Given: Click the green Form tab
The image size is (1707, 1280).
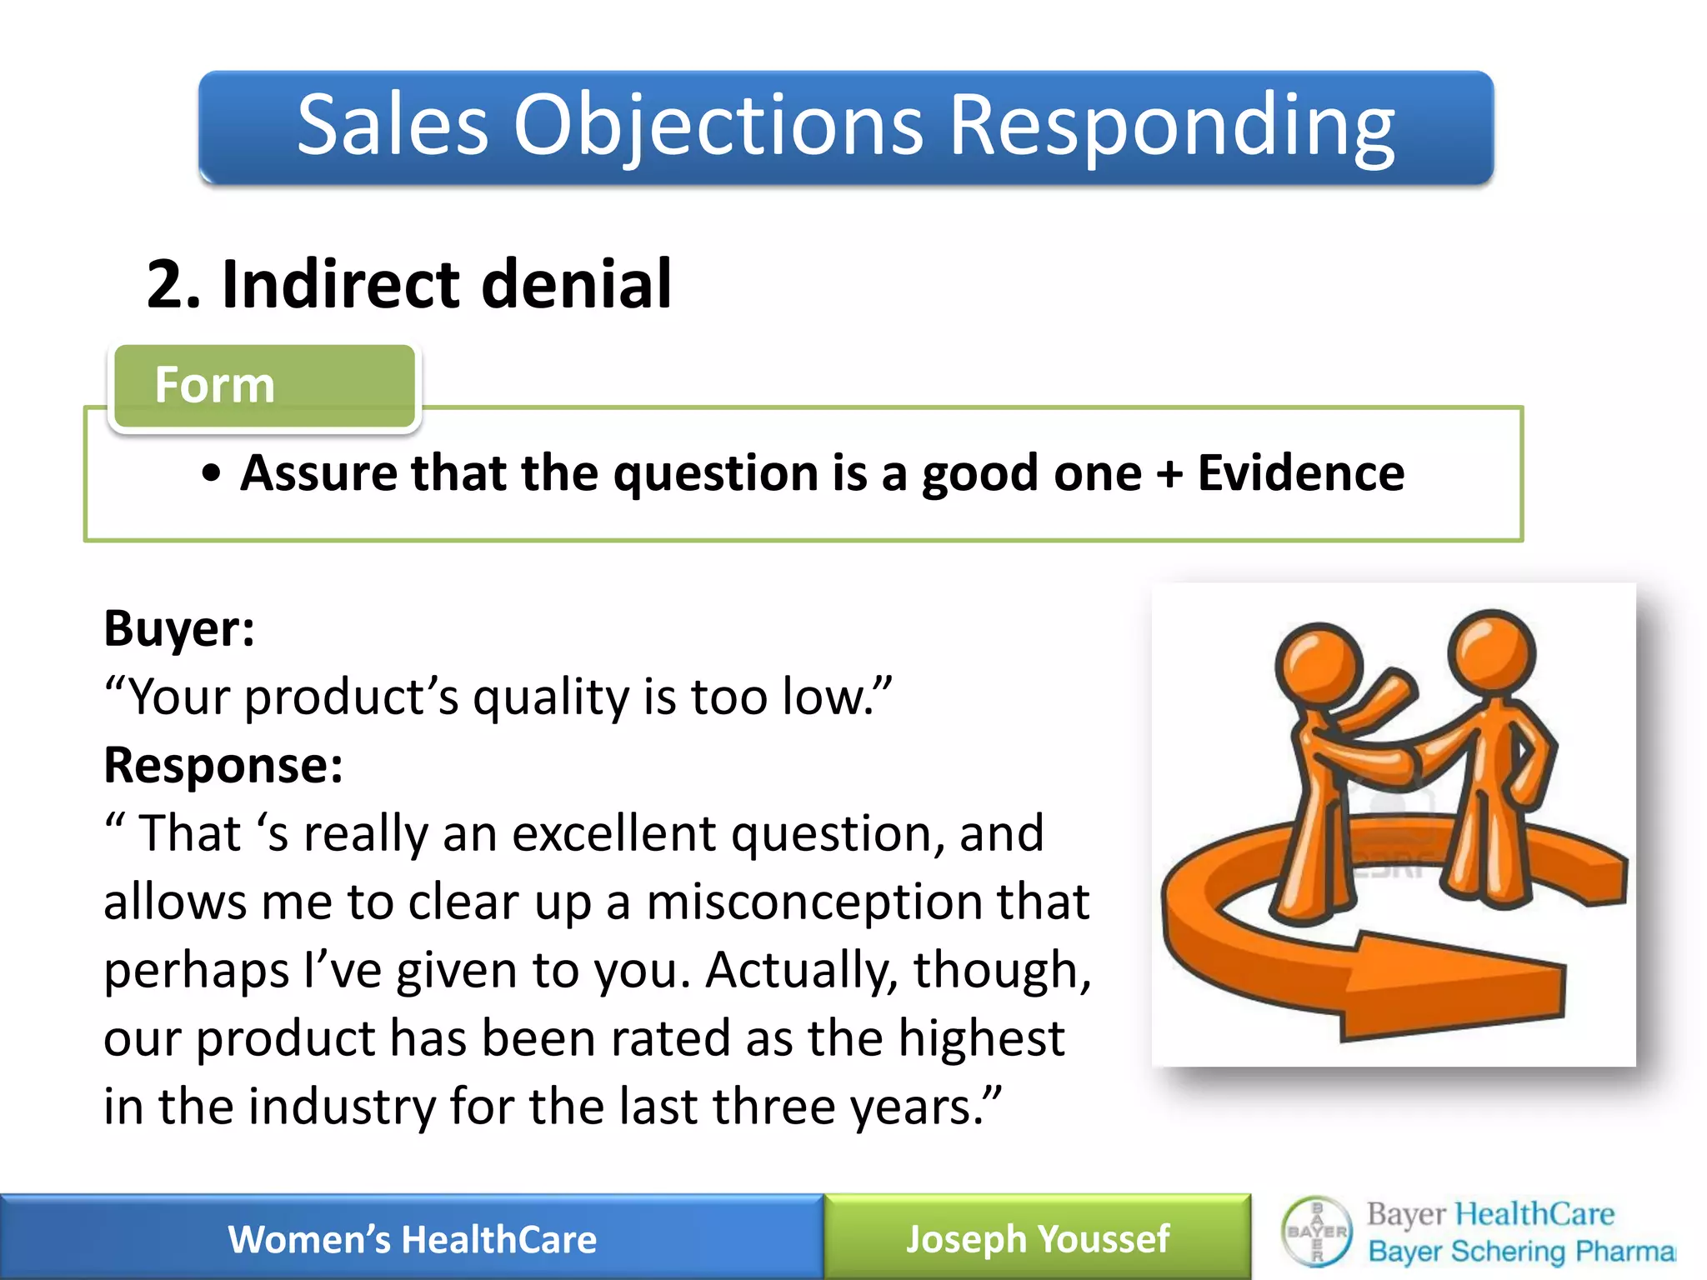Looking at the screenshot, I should (x=264, y=386).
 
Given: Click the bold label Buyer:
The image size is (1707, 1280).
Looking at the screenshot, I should (x=178, y=628).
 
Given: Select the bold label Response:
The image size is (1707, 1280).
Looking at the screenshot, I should (x=223, y=765).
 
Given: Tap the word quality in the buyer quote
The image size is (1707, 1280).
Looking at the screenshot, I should (x=550, y=697).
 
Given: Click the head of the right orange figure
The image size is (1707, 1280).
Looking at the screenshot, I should (x=1491, y=651).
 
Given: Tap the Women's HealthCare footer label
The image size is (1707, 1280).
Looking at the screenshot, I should (x=412, y=1239).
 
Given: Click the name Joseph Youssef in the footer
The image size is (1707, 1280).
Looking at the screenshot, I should (x=1038, y=1239).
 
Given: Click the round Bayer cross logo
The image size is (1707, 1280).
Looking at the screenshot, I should (x=1317, y=1232).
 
